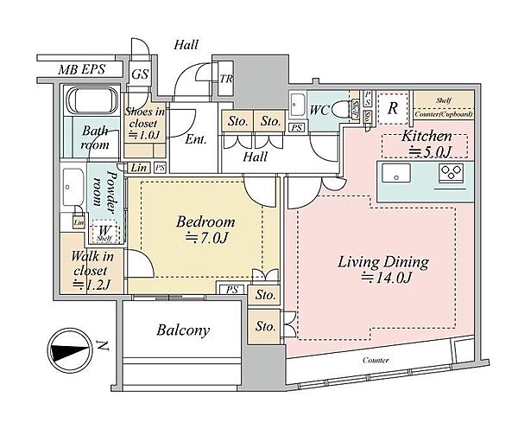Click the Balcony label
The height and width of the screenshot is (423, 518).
182,330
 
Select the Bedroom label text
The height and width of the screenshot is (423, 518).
205,221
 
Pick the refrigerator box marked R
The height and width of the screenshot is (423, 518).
393,108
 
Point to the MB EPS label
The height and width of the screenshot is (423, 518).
79,68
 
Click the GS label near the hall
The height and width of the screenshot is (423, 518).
139,74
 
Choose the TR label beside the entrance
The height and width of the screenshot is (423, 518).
227,78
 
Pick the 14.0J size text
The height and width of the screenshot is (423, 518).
386,279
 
